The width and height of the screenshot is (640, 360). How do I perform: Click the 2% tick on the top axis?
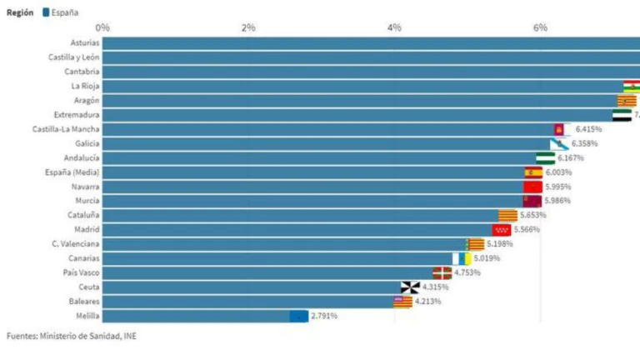(x=248, y=28)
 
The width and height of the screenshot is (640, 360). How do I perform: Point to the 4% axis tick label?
(x=394, y=28)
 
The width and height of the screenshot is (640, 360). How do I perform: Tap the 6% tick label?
(x=540, y=28)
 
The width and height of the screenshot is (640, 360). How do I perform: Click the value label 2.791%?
(x=323, y=316)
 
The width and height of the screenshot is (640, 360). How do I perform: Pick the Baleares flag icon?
(x=402, y=302)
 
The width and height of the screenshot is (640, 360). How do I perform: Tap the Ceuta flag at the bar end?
(x=410, y=287)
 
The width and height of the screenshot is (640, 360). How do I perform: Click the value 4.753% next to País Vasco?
(x=467, y=272)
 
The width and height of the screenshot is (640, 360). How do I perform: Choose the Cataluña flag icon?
(x=507, y=215)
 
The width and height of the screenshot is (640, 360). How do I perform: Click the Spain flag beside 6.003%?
(x=532, y=172)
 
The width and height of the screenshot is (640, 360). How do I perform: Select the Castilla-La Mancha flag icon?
(x=560, y=129)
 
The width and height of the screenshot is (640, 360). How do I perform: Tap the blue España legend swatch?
(x=46, y=12)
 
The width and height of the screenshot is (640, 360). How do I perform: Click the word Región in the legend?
(x=20, y=12)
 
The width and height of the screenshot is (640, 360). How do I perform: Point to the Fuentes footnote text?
(x=72, y=336)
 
